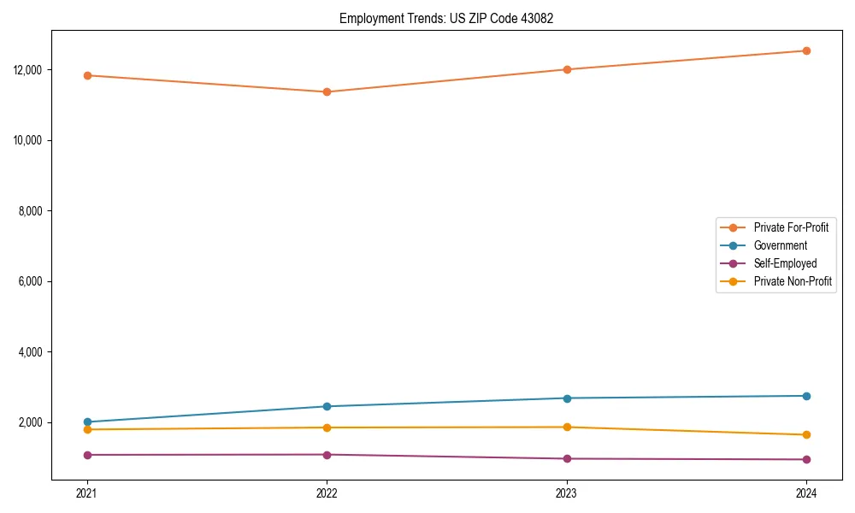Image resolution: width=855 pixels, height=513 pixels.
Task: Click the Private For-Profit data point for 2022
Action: (327, 91)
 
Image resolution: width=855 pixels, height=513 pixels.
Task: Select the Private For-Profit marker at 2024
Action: (806, 50)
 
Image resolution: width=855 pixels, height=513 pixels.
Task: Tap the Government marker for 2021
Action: (87, 422)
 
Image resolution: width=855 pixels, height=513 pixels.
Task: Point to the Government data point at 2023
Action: (567, 398)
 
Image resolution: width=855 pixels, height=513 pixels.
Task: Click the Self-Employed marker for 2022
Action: (327, 454)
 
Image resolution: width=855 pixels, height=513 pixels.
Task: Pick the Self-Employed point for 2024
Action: (806, 459)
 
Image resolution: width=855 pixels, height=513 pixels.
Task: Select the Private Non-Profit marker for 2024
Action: (806, 434)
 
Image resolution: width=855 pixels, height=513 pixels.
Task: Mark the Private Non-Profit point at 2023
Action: (567, 427)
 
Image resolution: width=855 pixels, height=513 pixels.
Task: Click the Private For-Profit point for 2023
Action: (567, 69)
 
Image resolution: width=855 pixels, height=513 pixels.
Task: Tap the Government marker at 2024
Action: (806, 396)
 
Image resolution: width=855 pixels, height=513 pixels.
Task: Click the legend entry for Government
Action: (780, 245)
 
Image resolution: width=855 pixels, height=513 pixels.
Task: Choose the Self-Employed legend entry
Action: (785, 263)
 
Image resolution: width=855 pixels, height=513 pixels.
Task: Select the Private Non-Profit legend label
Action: (793, 281)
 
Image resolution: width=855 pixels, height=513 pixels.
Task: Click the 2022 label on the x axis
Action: (327, 492)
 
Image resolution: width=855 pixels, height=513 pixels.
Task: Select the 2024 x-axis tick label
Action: (806, 492)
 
